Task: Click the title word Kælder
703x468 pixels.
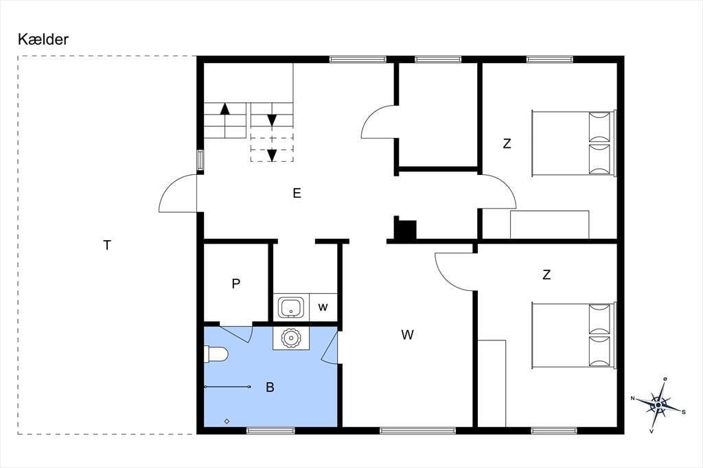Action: click(x=43, y=39)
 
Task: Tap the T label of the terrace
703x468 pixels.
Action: click(x=106, y=245)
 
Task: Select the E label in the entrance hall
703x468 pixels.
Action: click(x=297, y=194)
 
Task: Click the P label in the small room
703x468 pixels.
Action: click(x=236, y=284)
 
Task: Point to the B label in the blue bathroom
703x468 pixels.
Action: click(x=270, y=387)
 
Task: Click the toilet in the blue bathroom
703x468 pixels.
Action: click(x=216, y=354)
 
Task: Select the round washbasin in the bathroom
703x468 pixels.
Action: click(x=291, y=338)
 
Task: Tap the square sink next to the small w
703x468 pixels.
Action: click(x=291, y=307)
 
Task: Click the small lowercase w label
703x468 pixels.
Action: click(x=323, y=307)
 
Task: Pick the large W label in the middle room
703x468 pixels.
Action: click(x=408, y=334)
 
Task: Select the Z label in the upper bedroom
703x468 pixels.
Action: click(x=507, y=144)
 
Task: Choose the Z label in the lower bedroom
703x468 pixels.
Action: click(x=546, y=274)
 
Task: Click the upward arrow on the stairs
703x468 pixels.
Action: click(x=225, y=108)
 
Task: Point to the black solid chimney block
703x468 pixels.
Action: click(x=405, y=229)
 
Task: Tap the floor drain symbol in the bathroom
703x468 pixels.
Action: click(x=227, y=421)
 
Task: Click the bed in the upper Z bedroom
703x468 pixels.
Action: click(x=573, y=143)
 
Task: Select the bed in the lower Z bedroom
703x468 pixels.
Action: click(x=573, y=336)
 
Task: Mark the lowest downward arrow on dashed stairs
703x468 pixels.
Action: click(x=272, y=155)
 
